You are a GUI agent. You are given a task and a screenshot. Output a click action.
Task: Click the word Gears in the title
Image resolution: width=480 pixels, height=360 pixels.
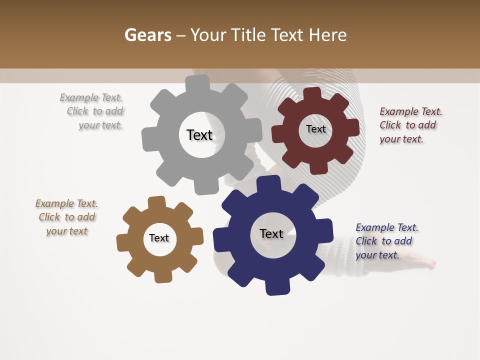(x=147, y=35)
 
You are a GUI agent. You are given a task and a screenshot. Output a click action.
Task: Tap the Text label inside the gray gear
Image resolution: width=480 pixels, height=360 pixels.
(x=199, y=135)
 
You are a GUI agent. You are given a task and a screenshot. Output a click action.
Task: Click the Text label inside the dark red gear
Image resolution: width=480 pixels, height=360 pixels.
(x=315, y=129)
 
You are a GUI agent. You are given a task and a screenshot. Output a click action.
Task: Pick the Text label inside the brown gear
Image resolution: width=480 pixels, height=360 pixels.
(x=159, y=238)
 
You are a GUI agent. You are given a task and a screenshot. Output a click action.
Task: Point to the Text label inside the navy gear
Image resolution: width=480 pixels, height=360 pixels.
(x=271, y=233)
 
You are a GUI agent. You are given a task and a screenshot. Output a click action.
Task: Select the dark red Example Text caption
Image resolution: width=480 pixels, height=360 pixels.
(x=410, y=125)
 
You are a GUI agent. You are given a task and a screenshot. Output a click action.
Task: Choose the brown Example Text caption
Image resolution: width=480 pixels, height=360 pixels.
(x=66, y=217)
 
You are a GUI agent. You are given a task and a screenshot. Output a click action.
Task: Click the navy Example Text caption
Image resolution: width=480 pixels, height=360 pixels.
(x=386, y=241)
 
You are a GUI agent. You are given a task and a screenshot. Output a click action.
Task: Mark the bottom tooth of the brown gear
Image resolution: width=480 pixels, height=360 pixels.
(x=161, y=276)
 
